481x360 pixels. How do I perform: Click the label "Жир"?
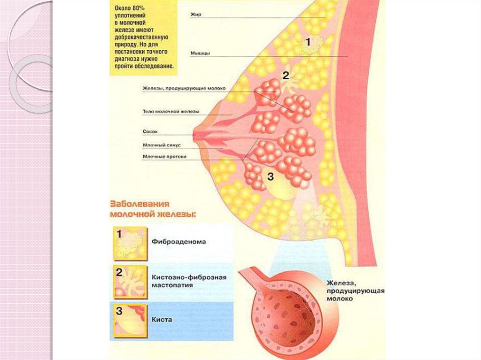tap(195, 15)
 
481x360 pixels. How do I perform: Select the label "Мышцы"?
tap(200, 54)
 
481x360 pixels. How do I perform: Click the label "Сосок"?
tap(149, 132)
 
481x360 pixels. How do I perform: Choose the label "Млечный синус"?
tap(162, 146)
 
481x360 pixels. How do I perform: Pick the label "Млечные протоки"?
tap(164, 156)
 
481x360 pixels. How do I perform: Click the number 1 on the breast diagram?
tap(308, 42)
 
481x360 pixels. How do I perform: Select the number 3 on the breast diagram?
tap(270, 176)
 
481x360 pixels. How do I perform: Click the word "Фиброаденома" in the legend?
tap(178, 242)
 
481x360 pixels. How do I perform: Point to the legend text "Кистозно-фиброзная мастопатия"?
tap(189, 281)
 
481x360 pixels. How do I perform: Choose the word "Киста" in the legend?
tap(162, 320)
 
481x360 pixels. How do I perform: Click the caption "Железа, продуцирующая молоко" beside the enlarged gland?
tap(356, 291)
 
